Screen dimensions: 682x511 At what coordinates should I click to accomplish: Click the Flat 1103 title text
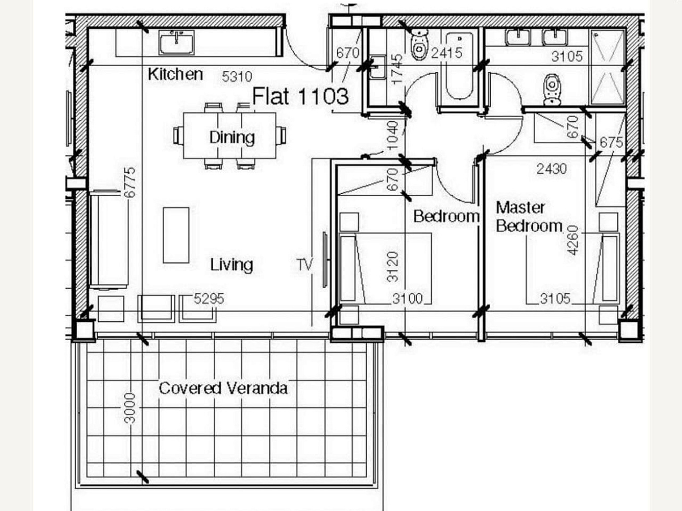[x=300, y=96]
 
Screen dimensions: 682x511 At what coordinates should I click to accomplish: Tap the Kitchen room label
[x=175, y=74]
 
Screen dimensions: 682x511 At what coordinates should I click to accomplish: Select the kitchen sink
[x=177, y=43]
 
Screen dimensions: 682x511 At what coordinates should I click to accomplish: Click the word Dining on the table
[x=232, y=137]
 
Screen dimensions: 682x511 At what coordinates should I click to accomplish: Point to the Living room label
[x=232, y=265]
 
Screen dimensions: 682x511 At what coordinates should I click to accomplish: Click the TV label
[x=305, y=265]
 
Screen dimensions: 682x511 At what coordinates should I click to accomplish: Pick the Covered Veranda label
[x=223, y=388]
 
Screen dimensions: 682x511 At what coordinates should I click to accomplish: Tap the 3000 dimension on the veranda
[x=130, y=408]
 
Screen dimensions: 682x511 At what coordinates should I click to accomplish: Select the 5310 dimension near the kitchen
[x=237, y=77]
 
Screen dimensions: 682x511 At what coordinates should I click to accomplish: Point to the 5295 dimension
[x=209, y=298]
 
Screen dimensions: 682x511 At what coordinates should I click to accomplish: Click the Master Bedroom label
[x=529, y=217]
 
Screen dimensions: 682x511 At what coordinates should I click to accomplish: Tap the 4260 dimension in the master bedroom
[x=573, y=241]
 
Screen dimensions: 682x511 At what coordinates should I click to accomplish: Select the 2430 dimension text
[x=552, y=169]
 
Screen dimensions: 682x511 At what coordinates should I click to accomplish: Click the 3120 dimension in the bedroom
[x=393, y=267]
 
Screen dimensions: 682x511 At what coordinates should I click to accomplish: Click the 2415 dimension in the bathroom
[x=446, y=53]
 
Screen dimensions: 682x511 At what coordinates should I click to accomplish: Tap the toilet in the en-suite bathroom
[x=552, y=90]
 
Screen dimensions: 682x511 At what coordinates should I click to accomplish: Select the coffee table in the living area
[x=176, y=235]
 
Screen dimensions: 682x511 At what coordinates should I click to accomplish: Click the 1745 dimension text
[x=397, y=69]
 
